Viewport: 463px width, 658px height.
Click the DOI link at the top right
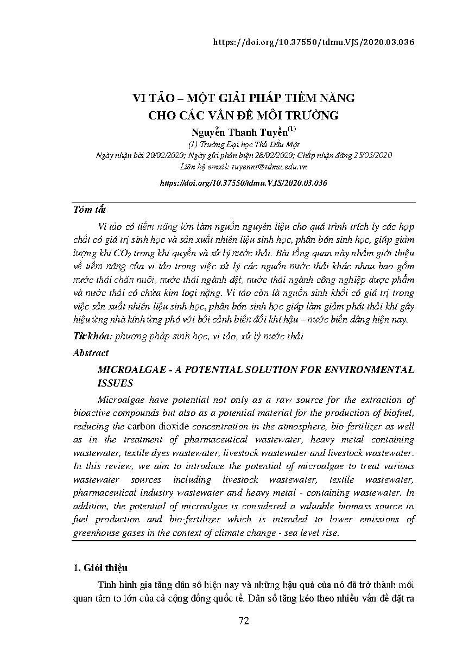[314, 42]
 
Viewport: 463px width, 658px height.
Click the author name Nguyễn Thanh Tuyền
[239, 132]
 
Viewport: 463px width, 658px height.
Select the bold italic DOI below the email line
[244, 184]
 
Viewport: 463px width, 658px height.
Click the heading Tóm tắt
[89, 210]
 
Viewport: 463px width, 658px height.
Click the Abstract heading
[91, 353]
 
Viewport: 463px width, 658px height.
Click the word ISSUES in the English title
[115, 383]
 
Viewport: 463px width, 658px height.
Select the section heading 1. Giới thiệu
[100, 568]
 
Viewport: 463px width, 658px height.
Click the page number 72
[244, 621]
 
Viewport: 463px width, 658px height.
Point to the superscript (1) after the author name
[291, 129]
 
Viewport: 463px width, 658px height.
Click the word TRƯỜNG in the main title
[311, 115]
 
